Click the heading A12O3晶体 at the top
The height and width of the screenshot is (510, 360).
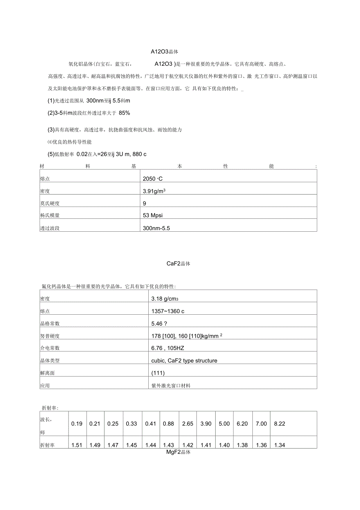[x=165, y=51]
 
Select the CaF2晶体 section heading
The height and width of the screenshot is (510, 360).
[x=178, y=263]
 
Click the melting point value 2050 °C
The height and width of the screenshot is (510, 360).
[x=153, y=179]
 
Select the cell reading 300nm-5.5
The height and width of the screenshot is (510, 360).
[x=157, y=228]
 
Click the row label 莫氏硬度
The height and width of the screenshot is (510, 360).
[x=50, y=204]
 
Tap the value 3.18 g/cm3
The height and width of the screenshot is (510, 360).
[x=165, y=299]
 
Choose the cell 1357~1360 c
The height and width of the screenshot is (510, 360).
[x=167, y=311]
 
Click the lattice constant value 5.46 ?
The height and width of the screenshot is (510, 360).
[x=159, y=324]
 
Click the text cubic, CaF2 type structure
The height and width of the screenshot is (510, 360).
[x=184, y=360]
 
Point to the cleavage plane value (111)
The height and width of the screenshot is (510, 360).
[x=158, y=373]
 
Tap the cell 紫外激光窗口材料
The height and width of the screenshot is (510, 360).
[x=171, y=386]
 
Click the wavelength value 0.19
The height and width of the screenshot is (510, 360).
[x=77, y=424]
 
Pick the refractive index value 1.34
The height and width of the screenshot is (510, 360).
[x=280, y=445]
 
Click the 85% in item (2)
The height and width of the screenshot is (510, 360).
[x=124, y=113]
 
